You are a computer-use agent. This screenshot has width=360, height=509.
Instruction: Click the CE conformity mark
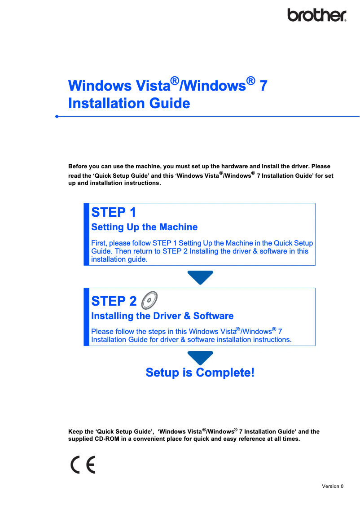pos(83,465)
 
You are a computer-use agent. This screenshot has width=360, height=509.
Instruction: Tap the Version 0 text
pos(333,486)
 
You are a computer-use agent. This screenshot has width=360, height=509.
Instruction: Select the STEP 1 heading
pos(114,212)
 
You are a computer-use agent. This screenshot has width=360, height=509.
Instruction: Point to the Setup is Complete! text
pos(200,373)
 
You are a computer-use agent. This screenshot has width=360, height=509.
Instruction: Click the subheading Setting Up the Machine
pos(144,227)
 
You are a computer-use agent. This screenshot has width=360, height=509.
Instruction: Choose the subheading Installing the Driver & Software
pos(162,316)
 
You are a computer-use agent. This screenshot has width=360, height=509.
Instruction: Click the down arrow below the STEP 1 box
pos(200,277)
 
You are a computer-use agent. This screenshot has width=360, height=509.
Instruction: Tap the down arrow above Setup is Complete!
pos(200,357)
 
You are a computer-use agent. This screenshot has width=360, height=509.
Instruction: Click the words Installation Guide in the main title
pos(129,103)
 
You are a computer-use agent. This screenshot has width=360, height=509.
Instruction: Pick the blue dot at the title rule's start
pos(57,116)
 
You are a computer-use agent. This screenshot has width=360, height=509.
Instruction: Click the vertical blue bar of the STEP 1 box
pos(86,234)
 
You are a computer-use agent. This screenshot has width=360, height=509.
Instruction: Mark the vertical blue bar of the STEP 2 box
pos(86,317)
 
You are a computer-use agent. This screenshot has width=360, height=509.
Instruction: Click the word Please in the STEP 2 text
pos(102,332)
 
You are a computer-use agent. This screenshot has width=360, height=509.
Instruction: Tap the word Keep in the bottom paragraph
pos(75,432)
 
